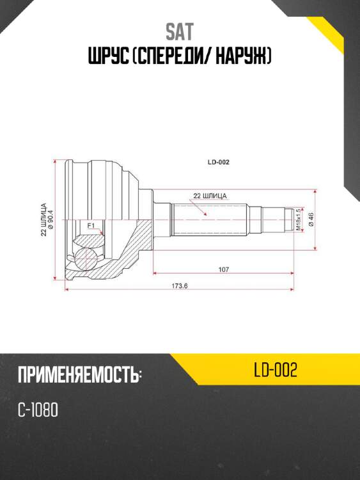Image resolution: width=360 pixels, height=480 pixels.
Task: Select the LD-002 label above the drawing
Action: [218, 162]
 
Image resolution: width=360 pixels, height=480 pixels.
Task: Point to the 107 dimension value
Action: [223, 269]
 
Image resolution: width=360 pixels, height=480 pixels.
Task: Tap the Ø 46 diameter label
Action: [310, 220]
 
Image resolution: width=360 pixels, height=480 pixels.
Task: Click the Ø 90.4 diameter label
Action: [51, 220]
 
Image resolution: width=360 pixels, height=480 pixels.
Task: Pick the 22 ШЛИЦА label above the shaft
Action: [210, 195]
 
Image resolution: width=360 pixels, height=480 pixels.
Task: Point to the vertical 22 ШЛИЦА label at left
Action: [43, 220]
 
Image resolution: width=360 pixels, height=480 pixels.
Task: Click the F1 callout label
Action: [91, 225]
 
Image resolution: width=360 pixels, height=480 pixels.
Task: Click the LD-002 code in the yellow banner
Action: [275, 371]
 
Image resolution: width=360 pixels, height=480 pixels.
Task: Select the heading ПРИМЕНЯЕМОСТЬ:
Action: [79, 376]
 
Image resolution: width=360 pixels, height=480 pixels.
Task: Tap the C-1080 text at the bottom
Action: [38, 410]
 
